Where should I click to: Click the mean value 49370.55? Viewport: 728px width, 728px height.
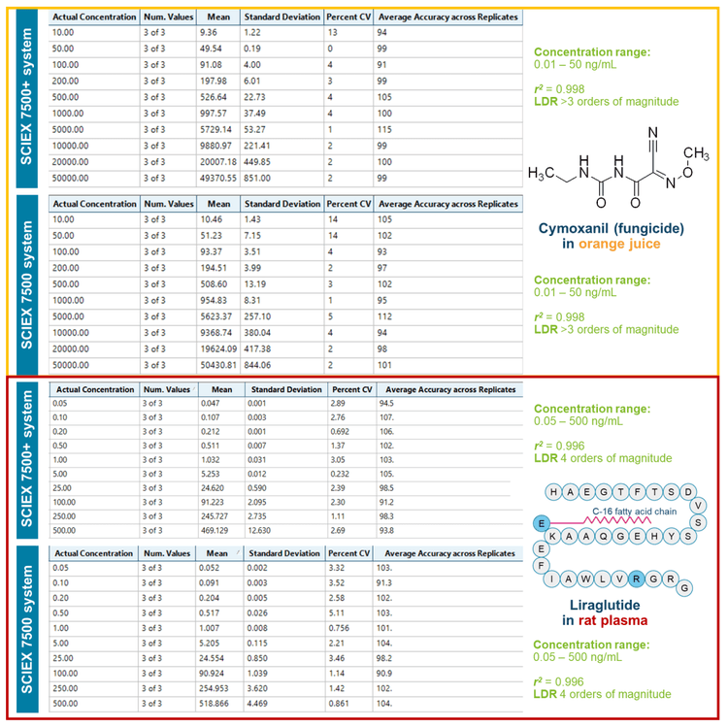[218, 178]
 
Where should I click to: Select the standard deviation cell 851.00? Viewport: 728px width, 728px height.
[257, 178]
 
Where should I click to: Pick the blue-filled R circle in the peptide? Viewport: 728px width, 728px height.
[637, 579]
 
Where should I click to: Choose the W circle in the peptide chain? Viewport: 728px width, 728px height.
[586, 579]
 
